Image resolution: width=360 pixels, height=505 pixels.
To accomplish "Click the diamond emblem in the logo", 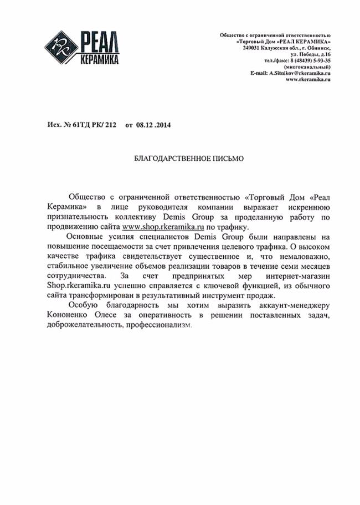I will pyautogui.click(x=63, y=47).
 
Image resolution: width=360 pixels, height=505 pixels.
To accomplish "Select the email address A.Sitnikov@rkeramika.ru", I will pyautogui.click(x=299, y=73).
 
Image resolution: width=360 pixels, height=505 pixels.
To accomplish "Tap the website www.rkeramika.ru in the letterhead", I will pyautogui.click(x=308, y=79).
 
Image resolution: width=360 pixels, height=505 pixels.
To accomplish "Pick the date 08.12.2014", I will pyautogui.click(x=156, y=125).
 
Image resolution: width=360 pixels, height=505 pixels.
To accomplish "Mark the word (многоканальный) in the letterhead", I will pyautogui.click(x=306, y=67).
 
